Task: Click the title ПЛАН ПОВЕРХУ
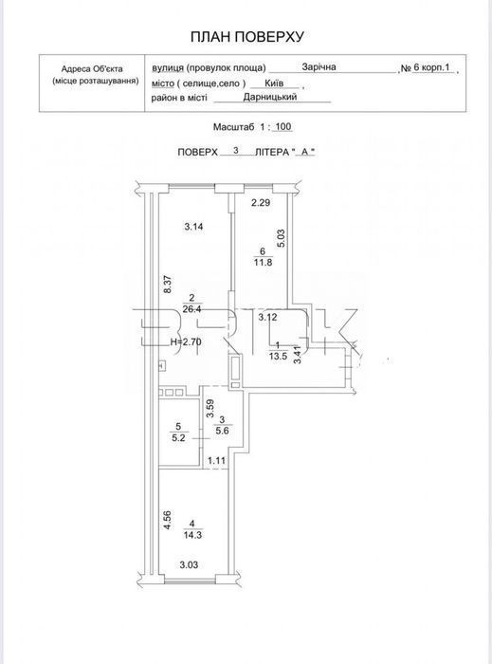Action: [x=247, y=37]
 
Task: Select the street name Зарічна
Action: [x=319, y=67]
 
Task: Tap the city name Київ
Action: [x=274, y=83]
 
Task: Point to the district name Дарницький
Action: [x=270, y=97]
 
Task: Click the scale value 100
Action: [x=283, y=126]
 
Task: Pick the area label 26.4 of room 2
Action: [x=192, y=308]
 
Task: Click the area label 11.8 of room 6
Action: [x=264, y=262]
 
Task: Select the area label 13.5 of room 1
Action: [x=278, y=356]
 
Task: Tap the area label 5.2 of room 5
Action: [x=178, y=438]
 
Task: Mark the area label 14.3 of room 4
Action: [x=192, y=535]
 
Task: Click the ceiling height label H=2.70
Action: [x=185, y=342]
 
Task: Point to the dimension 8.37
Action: [x=168, y=285]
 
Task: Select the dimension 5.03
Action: [x=282, y=238]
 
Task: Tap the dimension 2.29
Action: [x=261, y=202]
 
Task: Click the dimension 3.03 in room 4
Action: [x=189, y=565]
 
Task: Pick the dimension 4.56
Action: [x=168, y=521]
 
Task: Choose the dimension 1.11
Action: [x=216, y=461]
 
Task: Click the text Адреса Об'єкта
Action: [x=92, y=68]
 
